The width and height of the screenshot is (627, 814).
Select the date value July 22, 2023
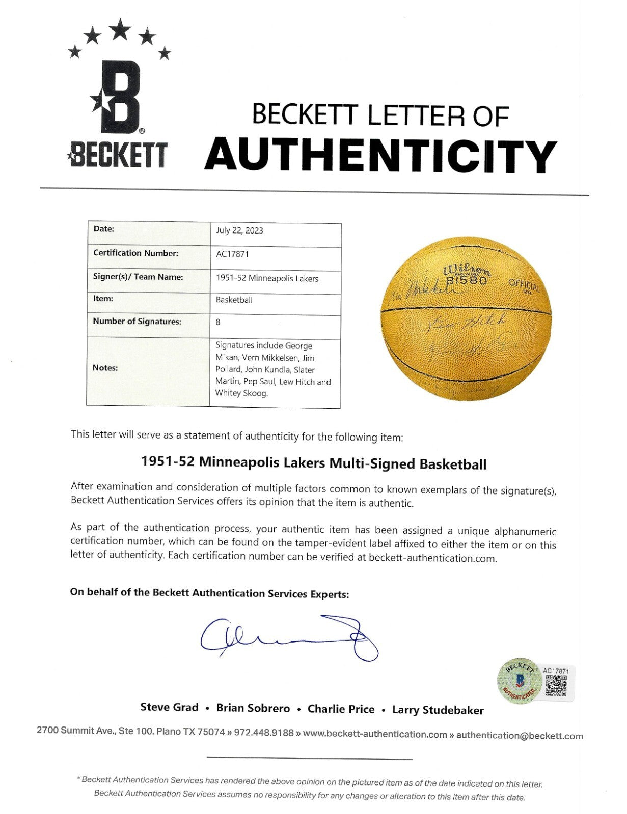pyautogui.click(x=239, y=230)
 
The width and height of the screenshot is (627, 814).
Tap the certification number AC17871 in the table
pyautogui.click(x=232, y=254)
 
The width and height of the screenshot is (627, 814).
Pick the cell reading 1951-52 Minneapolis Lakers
pyautogui.click(x=267, y=278)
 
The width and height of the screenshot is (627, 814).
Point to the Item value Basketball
pyautogui.click(x=234, y=300)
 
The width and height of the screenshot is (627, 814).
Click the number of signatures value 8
pyautogui.click(x=218, y=322)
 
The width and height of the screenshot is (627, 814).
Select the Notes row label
pyautogui.click(x=105, y=368)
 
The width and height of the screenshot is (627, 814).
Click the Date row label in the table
pyautogui.click(x=103, y=229)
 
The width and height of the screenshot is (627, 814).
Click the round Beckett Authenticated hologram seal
pyautogui.click(x=519, y=681)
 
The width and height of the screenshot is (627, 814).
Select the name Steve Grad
pyautogui.click(x=169, y=707)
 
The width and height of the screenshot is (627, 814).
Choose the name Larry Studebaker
pyautogui.click(x=438, y=710)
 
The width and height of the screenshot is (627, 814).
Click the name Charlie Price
pyautogui.click(x=341, y=709)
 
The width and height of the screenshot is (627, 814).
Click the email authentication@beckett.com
pyautogui.click(x=520, y=736)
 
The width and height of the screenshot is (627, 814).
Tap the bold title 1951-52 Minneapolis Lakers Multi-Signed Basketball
pyautogui.click(x=313, y=463)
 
